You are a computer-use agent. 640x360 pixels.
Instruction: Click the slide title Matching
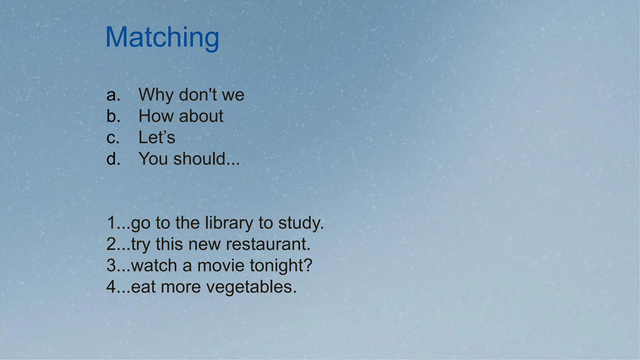162,37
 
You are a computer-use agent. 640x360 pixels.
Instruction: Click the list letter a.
113,95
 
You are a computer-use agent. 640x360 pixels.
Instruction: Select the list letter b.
113,116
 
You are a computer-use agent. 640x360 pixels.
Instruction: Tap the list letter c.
112,138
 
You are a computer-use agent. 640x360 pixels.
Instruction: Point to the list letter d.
113,159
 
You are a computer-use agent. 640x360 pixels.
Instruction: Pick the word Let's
157,137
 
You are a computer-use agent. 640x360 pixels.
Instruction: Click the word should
199,159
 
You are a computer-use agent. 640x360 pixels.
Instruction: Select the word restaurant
268,244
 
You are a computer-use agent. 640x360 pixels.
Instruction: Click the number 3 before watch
111,266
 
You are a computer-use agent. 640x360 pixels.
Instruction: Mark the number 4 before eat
111,287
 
